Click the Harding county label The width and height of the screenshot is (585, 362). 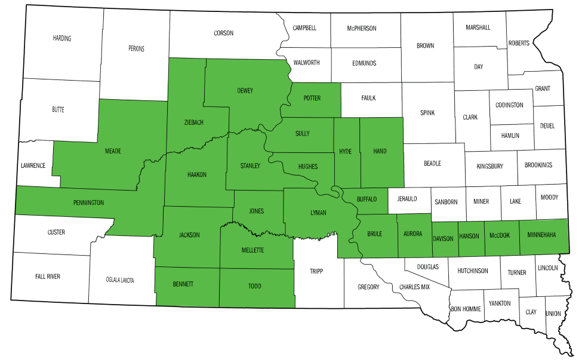point(61,38)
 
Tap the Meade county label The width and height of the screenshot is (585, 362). point(113,151)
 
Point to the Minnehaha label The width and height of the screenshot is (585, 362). point(541,235)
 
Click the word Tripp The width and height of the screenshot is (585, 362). point(316,271)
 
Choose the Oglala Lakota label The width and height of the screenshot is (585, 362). point(120,280)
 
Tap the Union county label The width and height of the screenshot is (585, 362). point(553,313)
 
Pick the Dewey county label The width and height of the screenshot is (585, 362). point(245,91)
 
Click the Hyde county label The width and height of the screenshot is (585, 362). point(345,151)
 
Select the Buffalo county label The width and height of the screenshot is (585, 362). point(368,200)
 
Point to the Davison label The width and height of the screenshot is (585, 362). point(442,237)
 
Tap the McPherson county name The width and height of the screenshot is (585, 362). point(362,27)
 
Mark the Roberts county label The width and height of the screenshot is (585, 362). point(518,44)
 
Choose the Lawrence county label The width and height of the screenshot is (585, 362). point(33,165)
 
